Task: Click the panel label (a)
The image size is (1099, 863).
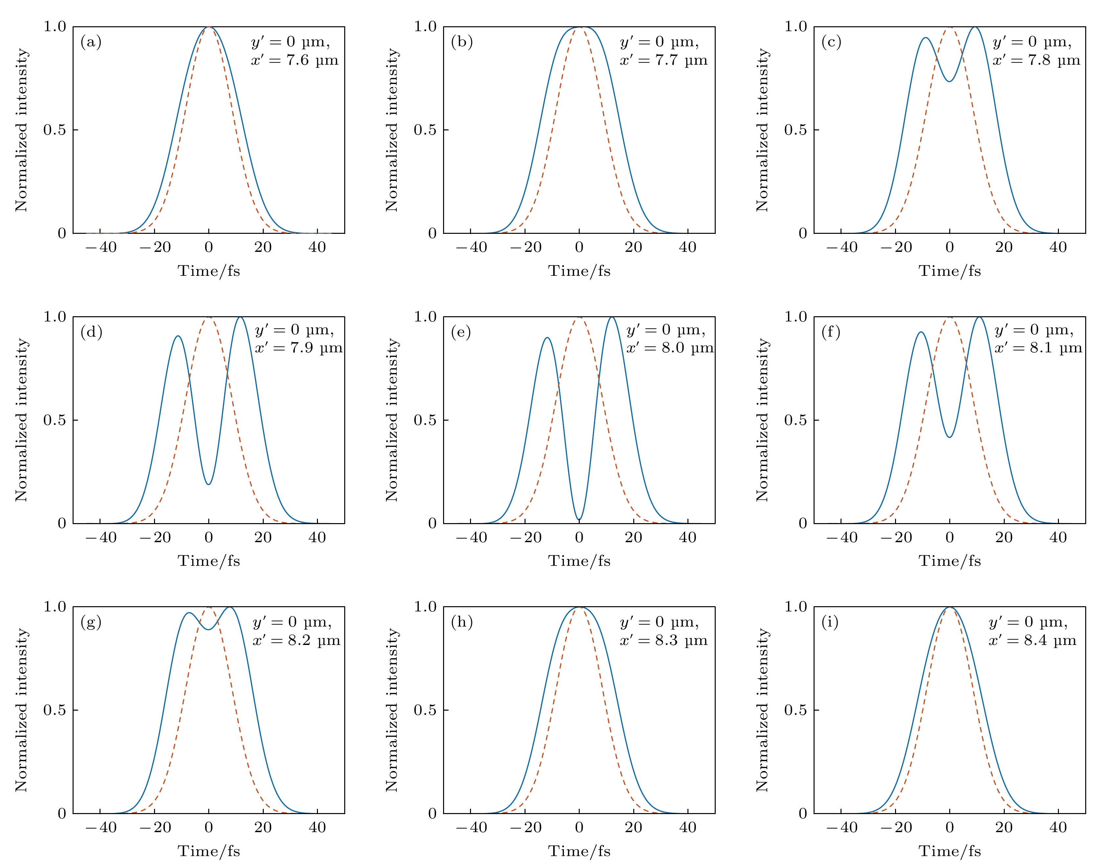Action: pyautogui.click(x=91, y=42)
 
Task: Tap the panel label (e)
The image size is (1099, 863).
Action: pyautogui.click(x=461, y=332)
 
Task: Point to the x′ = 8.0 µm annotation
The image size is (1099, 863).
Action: pyautogui.click(x=670, y=348)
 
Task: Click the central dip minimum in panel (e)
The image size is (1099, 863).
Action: pyautogui.click(x=579, y=520)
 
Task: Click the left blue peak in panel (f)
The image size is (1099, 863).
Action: pyautogui.click(x=921, y=332)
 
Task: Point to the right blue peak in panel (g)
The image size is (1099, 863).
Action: pyautogui.click(x=230, y=607)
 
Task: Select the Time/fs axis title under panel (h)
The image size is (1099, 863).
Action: pyautogui.click(x=579, y=851)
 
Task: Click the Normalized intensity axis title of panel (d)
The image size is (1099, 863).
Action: pyautogui.click(x=21, y=420)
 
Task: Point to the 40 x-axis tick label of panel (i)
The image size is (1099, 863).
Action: pyautogui.click(x=1058, y=827)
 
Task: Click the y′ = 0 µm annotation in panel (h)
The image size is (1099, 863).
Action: pyautogui.click(x=660, y=622)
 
